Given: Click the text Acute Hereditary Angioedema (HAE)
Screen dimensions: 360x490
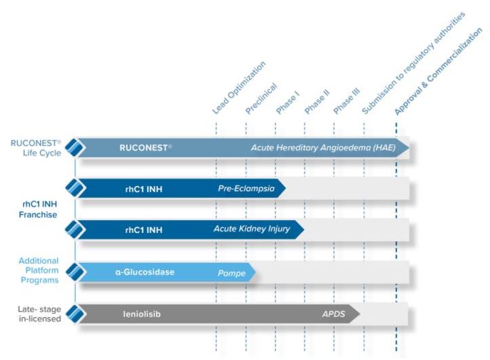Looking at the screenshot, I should pyautogui.click(x=323, y=148).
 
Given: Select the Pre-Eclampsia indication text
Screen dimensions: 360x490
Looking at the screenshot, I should pyautogui.click(x=246, y=188).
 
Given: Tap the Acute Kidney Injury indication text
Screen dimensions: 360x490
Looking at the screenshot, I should pyautogui.click(x=251, y=229).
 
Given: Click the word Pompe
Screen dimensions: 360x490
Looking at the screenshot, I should pyautogui.click(x=231, y=272).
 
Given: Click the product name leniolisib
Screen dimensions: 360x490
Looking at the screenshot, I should pyautogui.click(x=142, y=314).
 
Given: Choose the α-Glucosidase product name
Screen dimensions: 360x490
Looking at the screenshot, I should pyautogui.click(x=145, y=272).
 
